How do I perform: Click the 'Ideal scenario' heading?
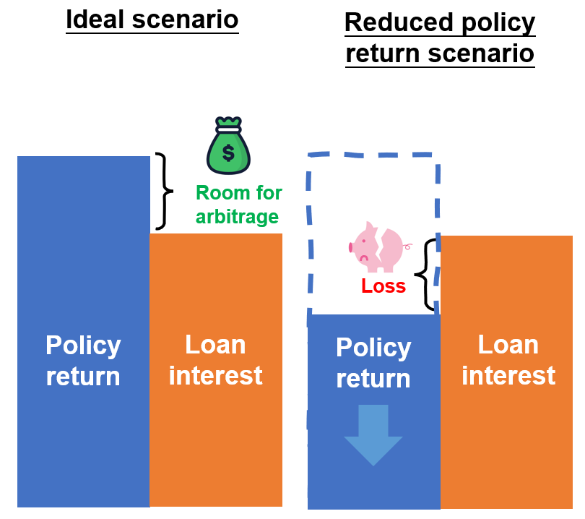pos(152,20)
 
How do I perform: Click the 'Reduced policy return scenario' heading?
pos(440,38)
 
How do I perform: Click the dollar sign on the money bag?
pos(228,153)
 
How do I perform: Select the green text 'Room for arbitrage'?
pos(238,205)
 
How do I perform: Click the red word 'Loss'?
pos(383,286)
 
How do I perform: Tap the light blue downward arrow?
pos(373,434)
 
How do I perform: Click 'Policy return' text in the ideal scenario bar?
pos(83,361)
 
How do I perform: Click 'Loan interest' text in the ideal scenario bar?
pos(215,360)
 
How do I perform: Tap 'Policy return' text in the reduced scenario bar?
pos(373,363)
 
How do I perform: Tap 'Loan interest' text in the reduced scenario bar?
pos(508,360)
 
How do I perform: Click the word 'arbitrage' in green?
pos(238,215)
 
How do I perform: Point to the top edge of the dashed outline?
pos(372,154)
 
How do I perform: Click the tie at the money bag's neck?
pos(228,130)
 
